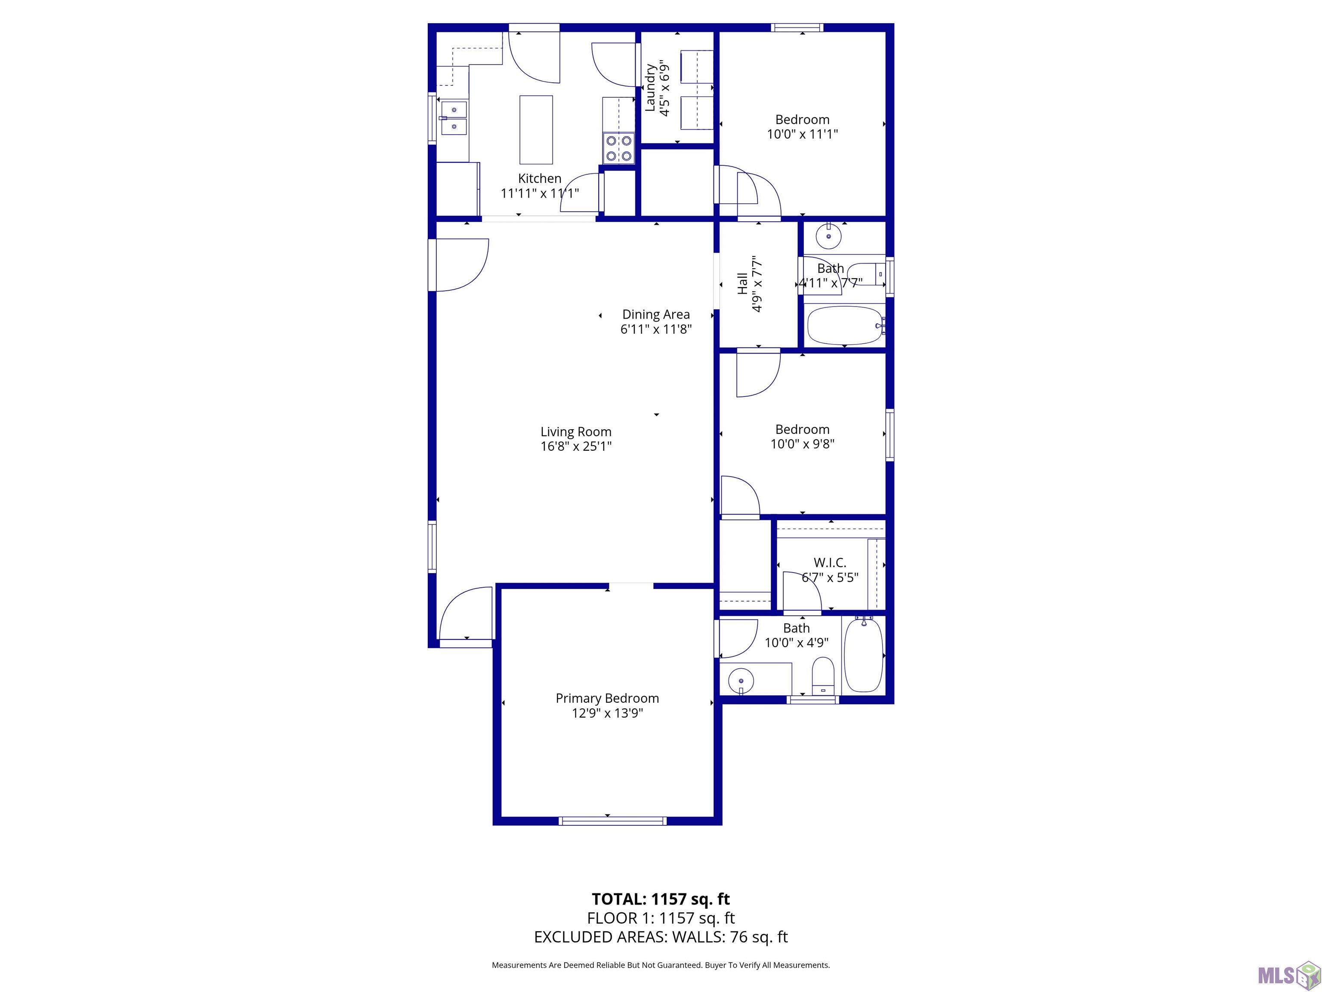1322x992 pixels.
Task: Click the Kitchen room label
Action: pyautogui.click(x=539, y=178)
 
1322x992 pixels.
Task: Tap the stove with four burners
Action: pyautogui.click(x=618, y=148)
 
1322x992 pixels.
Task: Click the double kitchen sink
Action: pyautogui.click(x=454, y=118)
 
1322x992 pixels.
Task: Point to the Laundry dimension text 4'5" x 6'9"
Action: pyautogui.click(x=664, y=88)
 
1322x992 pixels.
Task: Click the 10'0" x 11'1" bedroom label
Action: pyautogui.click(x=802, y=127)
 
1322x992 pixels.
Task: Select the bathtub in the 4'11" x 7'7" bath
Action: pyautogui.click(x=844, y=326)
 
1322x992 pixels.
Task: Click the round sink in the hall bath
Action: pyautogui.click(x=829, y=237)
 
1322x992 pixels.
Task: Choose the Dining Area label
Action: pyautogui.click(x=656, y=315)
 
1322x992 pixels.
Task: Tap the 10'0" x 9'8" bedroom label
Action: pyautogui.click(x=802, y=437)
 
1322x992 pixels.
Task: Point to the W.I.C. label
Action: pyautogui.click(x=830, y=563)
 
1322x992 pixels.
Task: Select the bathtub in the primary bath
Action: pyautogui.click(x=862, y=655)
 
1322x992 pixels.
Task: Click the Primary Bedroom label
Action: pyautogui.click(x=607, y=698)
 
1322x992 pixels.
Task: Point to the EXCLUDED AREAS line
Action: pyautogui.click(x=661, y=937)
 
